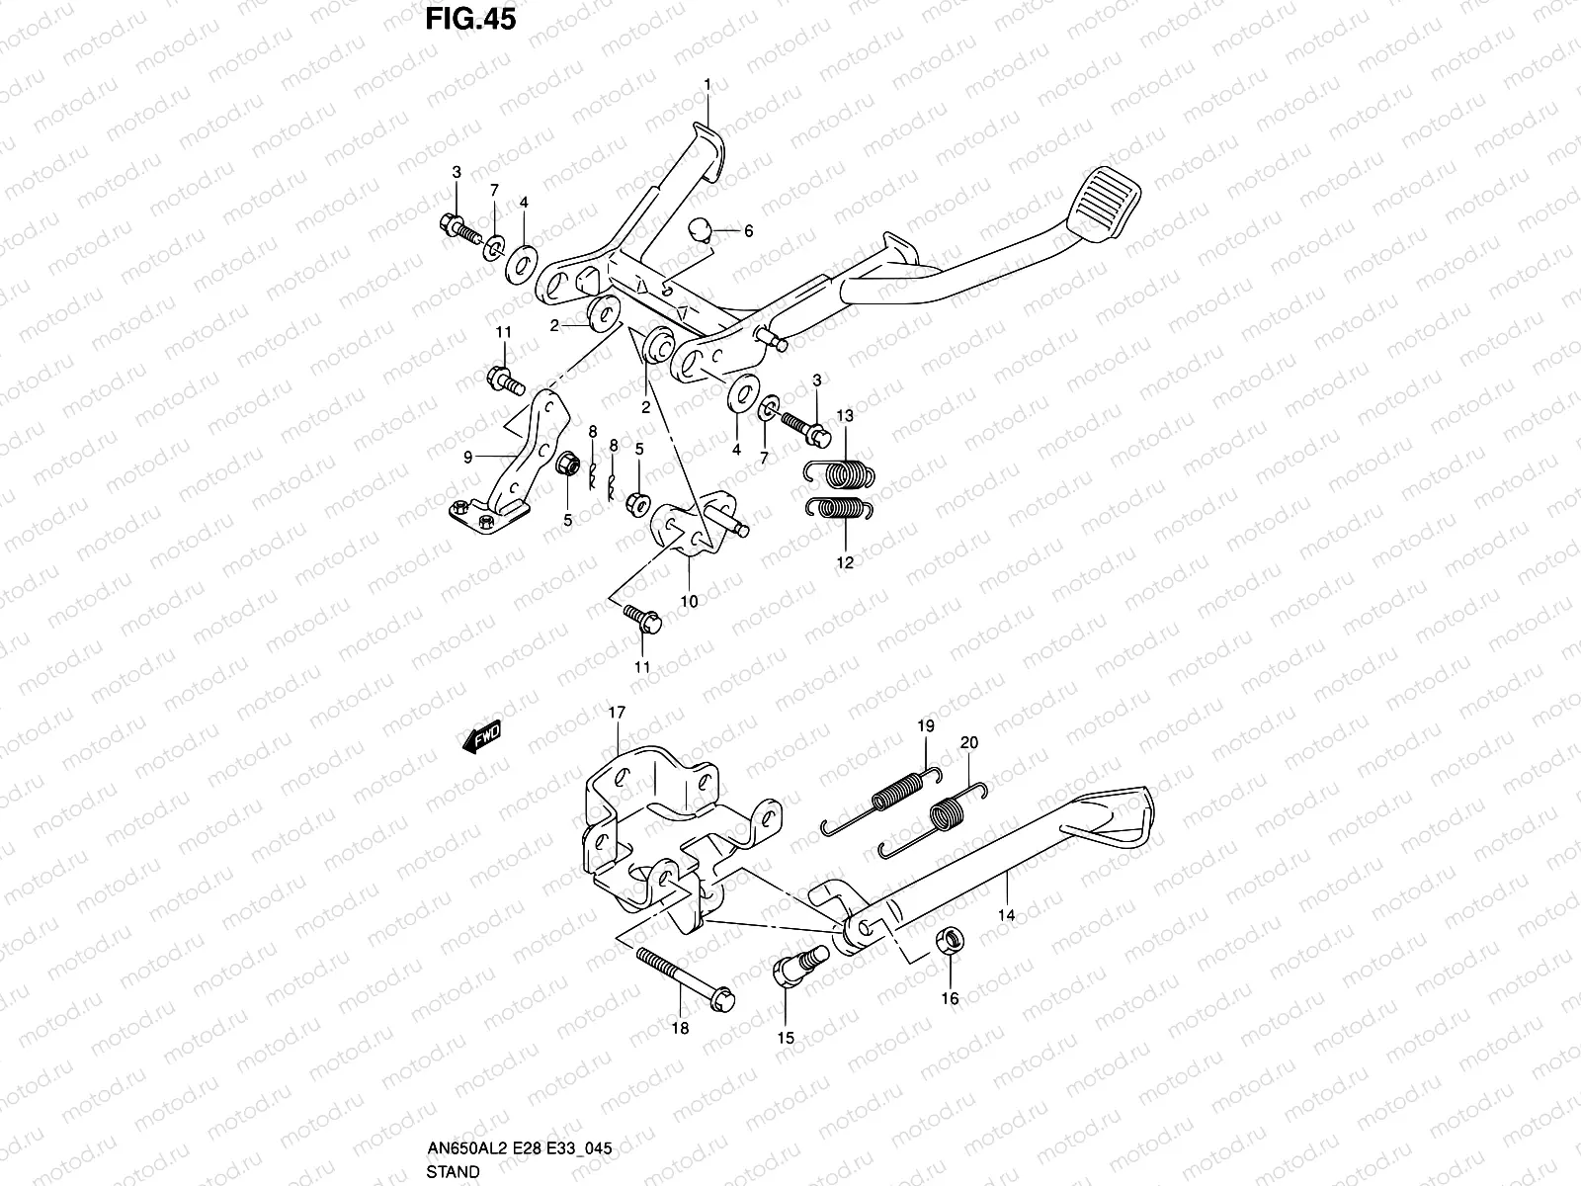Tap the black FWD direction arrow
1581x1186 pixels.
[x=481, y=738]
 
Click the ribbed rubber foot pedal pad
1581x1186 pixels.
[x=1114, y=199]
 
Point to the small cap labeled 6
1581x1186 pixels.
[x=702, y=231]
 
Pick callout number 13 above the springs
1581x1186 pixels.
[x=845, y=415]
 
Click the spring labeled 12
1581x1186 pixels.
[x=840, y=508]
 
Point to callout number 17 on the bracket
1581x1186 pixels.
[x=618, y=713]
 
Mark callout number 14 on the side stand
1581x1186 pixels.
[x=1006, y=916]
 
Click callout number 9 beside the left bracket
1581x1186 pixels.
[x=469, y=457]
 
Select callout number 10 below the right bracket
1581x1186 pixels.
[x=689, y=601]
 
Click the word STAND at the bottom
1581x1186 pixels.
[x=454, y=1172]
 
